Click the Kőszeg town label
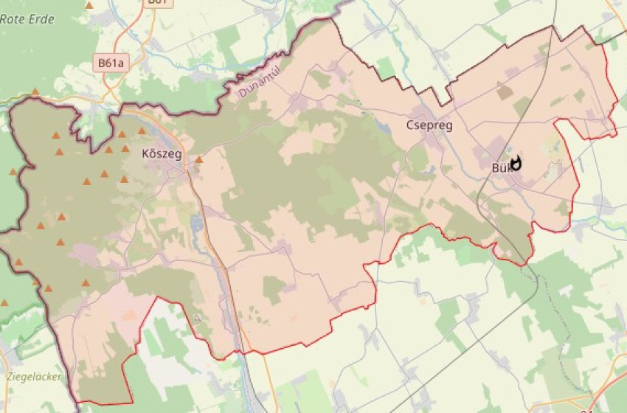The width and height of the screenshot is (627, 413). tap(159, 154)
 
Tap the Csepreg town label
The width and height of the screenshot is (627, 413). tap(429, 125)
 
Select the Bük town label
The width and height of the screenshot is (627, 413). tap(501, 167)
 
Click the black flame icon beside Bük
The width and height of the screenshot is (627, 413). tap(516, 163)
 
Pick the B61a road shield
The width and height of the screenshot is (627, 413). tap(111, 63)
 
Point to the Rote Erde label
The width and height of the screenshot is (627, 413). tap(27, 19)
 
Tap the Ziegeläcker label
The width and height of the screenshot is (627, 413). tap(34, 376)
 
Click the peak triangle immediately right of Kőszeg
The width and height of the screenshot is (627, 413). tap(198, 159)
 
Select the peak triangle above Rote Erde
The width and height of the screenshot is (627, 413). tap(89, 5)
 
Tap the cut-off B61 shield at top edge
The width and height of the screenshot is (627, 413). tap(158, 2)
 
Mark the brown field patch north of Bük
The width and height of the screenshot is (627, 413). tap(505, 91)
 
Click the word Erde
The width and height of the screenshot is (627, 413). tap(41, 19)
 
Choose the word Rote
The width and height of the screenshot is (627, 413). tap(13, 19)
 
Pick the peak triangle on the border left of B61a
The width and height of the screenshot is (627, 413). tap(35, 92)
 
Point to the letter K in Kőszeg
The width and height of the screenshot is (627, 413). tap(145, 154)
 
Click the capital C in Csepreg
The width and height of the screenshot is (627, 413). tap(410, 125)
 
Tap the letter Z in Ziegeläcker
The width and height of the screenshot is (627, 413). tap(9, 376)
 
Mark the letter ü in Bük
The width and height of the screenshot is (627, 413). tap(502, 167)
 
